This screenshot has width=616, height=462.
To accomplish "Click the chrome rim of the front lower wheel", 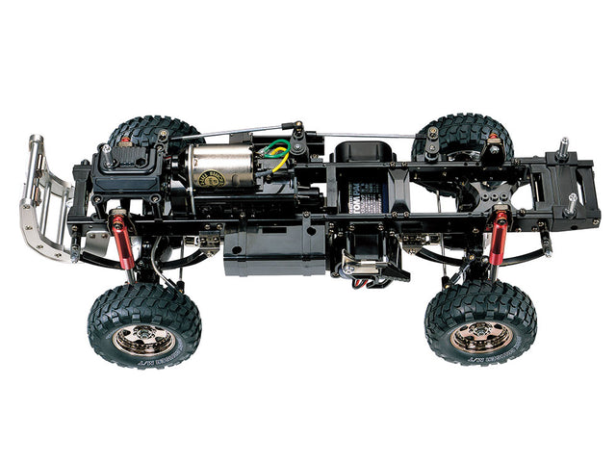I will coord(143,336).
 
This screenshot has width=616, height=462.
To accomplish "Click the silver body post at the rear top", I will coord(562,149).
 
